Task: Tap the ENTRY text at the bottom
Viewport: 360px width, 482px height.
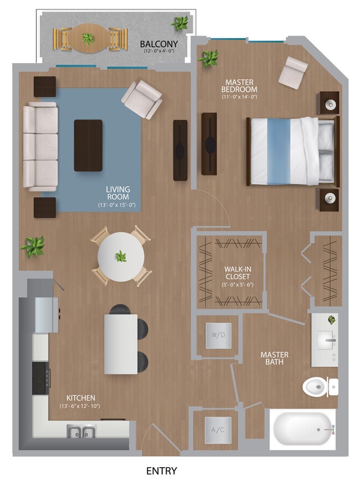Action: pyautogui.click(x=162, y=471)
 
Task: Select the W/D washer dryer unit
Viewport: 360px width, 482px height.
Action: pyautogui.click(x=218, y=335)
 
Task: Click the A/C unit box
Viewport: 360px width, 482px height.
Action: pyautogui.click(x=218, y=429)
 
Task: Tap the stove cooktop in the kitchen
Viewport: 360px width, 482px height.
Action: pyautogui.click(x=40, y=379)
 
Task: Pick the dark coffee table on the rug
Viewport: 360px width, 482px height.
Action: pyautogui.click(x=88, y=145)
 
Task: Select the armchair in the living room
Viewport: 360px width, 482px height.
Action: pyautogui.click(x=142, y=99)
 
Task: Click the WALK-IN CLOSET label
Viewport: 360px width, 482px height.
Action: pyautogui.click(x=238, y=273)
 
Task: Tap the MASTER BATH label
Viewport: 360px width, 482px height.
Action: pyautogui.click(x=275, y=359)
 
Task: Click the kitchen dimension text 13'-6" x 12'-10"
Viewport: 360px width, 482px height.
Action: pyautogui.click(x=81, y=406)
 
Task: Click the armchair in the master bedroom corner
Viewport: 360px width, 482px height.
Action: pyautogui.click(x=292, y=71)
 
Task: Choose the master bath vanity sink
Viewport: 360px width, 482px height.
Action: pyautogui.click(x=325, y=340)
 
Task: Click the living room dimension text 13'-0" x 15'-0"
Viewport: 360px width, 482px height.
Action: pyautogui.click(x=117, y=205)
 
